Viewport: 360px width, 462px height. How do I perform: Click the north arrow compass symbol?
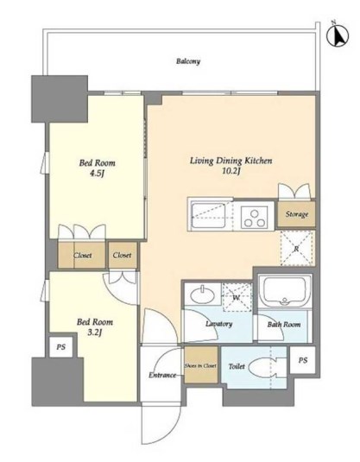[x=338, y=35]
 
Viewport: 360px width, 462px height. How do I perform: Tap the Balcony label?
[x=188, y=61]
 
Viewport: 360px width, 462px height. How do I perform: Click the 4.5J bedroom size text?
[x=97, y=174]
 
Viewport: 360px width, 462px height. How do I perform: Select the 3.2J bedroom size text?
[x=95, y=332]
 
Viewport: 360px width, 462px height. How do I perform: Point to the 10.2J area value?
[x=231, y=171]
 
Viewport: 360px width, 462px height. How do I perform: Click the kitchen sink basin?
[x=209, y=216]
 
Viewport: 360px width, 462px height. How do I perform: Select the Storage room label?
[x=297, y=214]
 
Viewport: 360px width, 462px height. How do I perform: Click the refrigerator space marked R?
[x=296, y=248]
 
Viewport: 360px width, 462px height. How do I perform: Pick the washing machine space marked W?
[x=237, y=297]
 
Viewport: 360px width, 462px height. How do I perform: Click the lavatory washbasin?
[x=202, y=295]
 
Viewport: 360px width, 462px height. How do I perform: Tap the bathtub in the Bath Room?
[x=285, y=291]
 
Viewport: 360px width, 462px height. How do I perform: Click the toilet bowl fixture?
[x=263, y=367]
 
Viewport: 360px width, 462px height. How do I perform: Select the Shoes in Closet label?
[x=200, y=365]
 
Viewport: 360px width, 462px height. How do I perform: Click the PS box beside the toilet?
[x=302, y=360]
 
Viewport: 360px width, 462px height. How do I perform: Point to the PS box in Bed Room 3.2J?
[x=61, y=347]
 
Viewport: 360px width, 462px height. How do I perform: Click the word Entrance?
[x=162, y=375]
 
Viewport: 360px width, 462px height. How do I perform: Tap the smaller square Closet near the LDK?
[x=123, y=255]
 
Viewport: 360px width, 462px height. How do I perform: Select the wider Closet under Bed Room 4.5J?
[x=82, y=255]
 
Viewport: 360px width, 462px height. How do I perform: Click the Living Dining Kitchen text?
[x=231, y=161]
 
